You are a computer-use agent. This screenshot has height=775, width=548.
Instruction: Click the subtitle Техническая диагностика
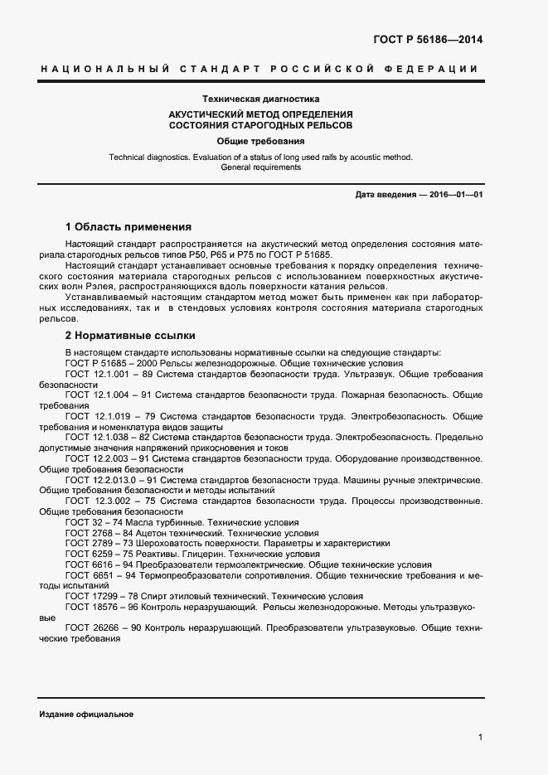point(260,98)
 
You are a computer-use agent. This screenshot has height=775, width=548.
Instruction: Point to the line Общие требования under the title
point(260,141)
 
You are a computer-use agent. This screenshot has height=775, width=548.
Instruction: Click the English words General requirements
point(260,167)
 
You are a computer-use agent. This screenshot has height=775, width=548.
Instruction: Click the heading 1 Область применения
point(129,226)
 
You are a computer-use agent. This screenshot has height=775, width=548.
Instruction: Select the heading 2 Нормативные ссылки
point(130,336)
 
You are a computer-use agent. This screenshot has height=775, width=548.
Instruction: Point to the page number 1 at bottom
point(480,736)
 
